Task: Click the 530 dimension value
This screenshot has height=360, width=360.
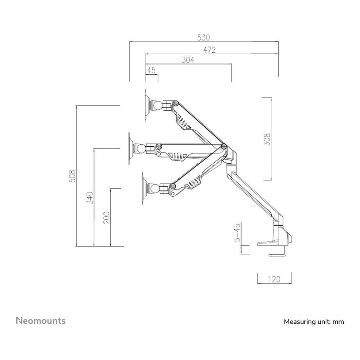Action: tap(203, 37)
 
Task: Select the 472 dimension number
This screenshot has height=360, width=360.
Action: tap(210, 50)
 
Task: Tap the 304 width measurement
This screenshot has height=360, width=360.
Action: tap(188, 60)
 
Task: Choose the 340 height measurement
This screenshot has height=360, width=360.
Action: tap(90, 198)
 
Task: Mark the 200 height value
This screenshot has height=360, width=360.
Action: tap(107, 217)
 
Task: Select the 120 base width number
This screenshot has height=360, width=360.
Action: tap(274, 279)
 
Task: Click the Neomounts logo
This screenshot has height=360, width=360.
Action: tap(41, 320)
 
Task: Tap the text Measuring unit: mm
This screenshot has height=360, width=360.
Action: tap(314, 322)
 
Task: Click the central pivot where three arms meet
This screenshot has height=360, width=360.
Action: tap(224, 146)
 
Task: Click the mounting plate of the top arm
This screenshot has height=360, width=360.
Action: tap(146, 105)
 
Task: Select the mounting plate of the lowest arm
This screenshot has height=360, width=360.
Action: tap(144, 189)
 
